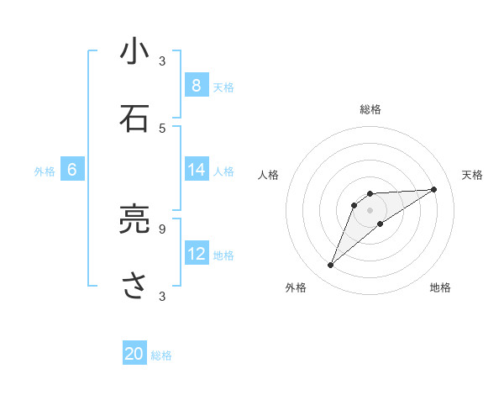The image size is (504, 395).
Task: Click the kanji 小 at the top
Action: click(134, 53)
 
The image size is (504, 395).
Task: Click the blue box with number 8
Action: click(196, 85)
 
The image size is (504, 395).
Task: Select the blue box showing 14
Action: click(196, 170)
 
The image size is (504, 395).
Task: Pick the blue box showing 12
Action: click(196, 254)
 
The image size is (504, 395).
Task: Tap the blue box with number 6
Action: click(71, 170)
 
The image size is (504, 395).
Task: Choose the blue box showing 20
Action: click(134, 354)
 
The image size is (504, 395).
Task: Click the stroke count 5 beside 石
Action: click(162, 128)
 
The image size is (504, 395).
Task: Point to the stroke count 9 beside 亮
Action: click(162, 228)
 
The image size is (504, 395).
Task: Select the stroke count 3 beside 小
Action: click(162, 61)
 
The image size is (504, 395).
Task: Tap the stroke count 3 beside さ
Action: click(162, 296)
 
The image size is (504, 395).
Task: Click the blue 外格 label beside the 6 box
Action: click(45, 171)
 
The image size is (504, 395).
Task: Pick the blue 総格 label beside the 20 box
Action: click(161, 355)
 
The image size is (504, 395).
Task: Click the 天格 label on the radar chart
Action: click(472, 175)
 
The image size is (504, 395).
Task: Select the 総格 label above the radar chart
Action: click(370, 109)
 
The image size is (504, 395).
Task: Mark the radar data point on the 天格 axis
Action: click(434, 189)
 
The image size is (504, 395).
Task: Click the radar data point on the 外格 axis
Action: click(330, 266)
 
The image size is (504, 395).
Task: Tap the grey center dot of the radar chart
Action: click(370, 209)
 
